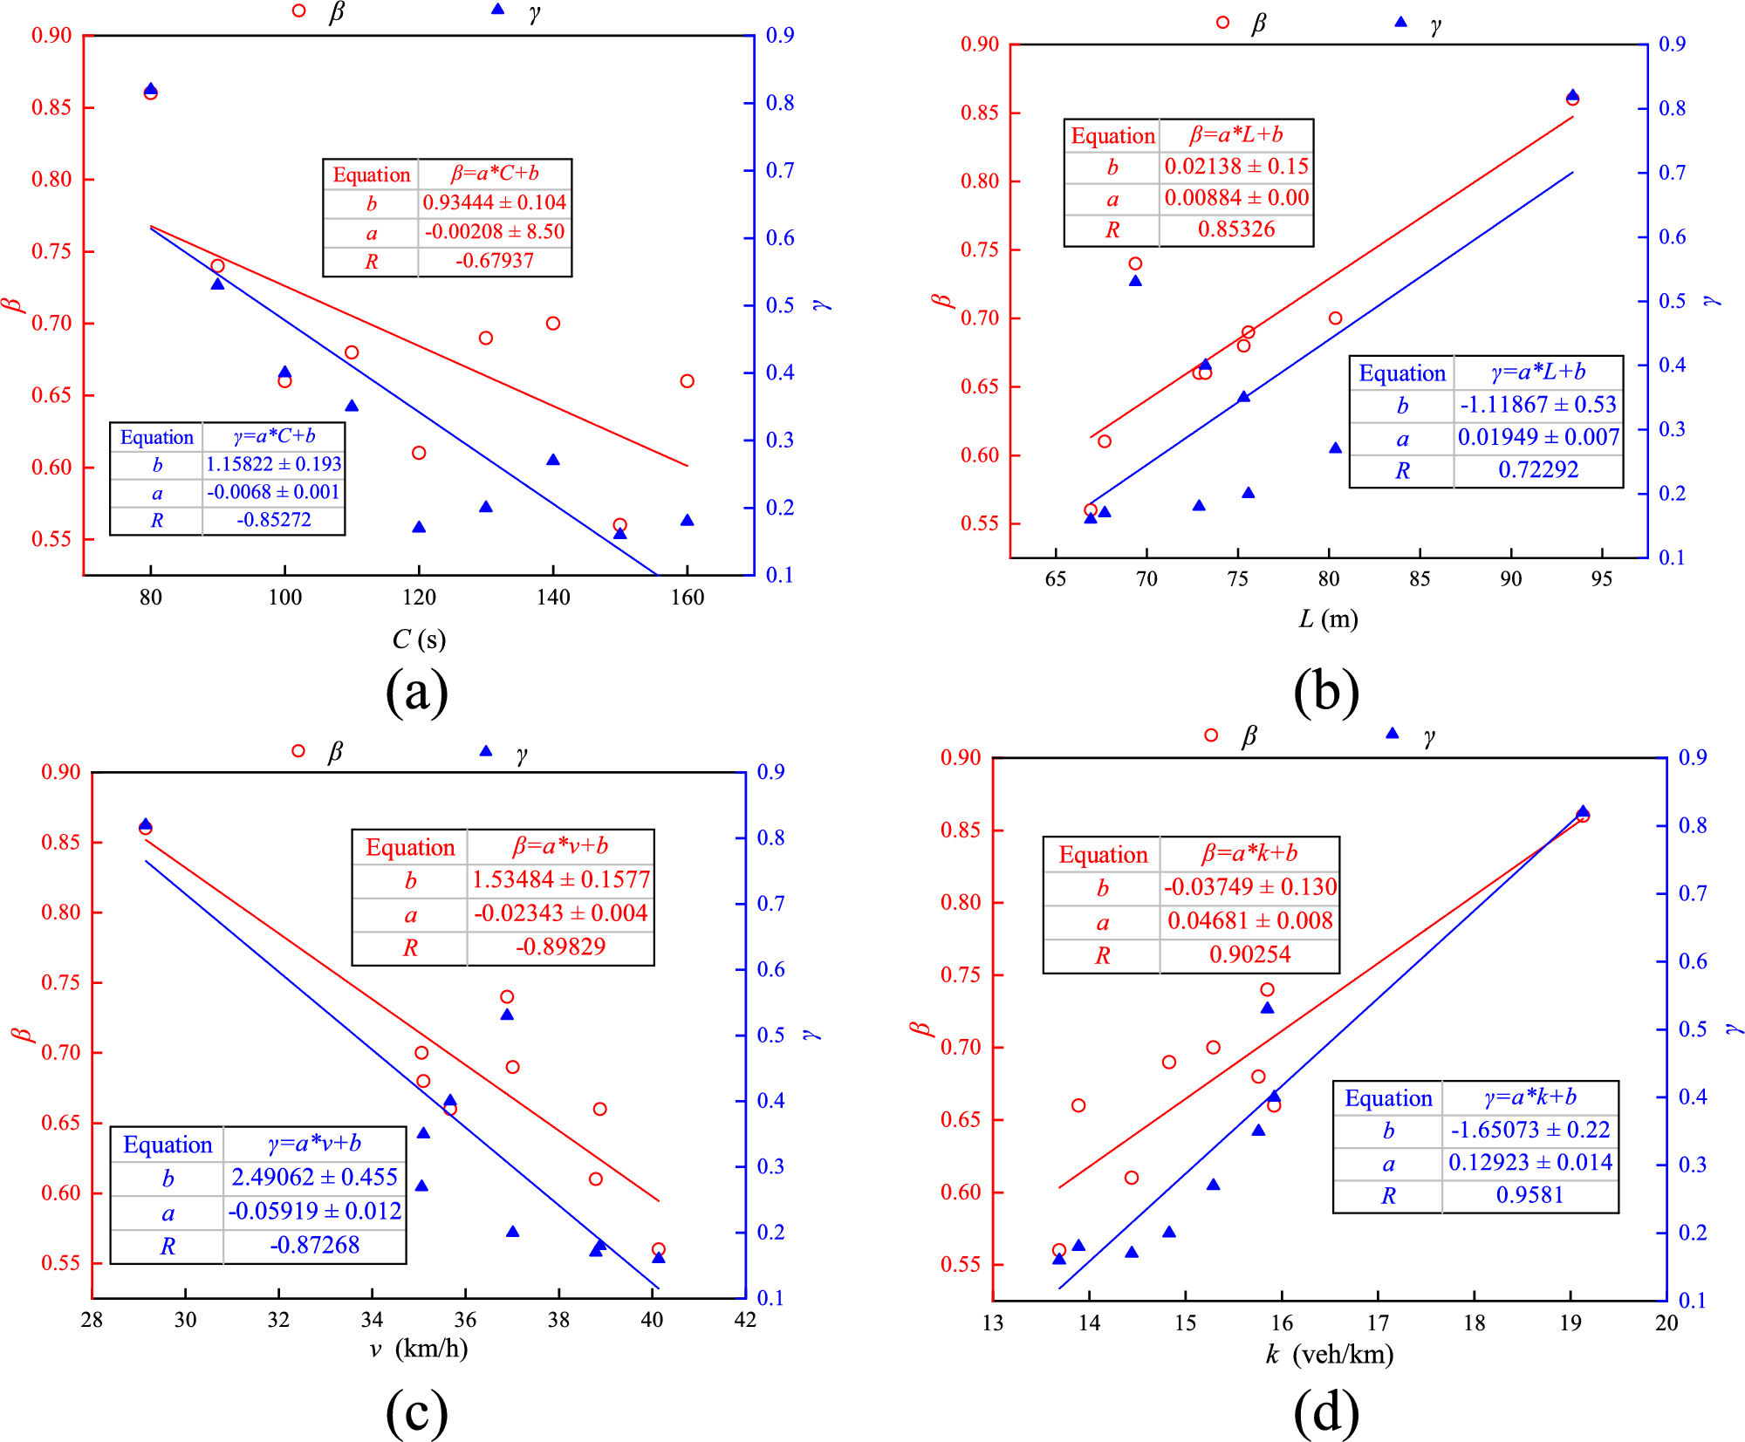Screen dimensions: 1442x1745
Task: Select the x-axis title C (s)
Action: [419, 639]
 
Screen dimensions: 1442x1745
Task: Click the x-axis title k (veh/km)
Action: [1330, 1354]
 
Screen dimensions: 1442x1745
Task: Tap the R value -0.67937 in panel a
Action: [494, 261]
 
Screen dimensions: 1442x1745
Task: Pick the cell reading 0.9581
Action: [1529, 1195]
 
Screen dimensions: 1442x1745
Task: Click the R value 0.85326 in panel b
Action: [1235, 229]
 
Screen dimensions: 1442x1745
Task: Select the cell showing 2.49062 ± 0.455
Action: [314, 1177]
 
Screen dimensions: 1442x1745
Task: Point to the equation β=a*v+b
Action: [560, 846]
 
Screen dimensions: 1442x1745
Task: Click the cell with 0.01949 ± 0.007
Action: [1538, 437]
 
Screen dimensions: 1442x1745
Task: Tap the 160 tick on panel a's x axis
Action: [688, 598]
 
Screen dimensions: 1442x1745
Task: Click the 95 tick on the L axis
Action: [1601, 579]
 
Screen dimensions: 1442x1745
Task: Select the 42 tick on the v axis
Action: [745, 1320]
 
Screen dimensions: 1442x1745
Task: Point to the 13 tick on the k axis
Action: [993, 1323]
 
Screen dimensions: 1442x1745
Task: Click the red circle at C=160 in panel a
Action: [688, 381]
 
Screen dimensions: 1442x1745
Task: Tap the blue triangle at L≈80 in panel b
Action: [1335, 448]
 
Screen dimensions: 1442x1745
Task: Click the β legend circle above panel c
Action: [298, 751]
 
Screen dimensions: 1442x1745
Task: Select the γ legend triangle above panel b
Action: [1400, 22]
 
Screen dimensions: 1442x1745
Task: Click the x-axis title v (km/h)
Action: [419, 1349]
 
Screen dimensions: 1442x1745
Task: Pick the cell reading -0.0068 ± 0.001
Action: [273, 492]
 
